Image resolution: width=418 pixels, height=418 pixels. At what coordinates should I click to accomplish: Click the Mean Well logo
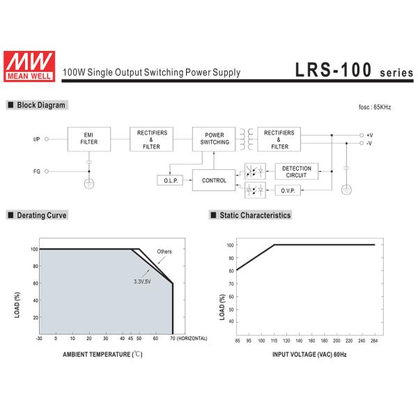tap(29, 66)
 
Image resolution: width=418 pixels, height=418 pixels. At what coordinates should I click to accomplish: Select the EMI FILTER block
tap(89, 139)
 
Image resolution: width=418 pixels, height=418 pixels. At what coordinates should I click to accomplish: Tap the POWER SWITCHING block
tap(214, 139)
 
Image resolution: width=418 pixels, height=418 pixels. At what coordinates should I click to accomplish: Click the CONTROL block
tap(214, 180)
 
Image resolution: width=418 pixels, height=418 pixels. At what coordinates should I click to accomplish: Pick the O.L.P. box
tap(170, 180)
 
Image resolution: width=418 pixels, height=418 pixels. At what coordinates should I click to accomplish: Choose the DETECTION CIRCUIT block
tap(297, 171)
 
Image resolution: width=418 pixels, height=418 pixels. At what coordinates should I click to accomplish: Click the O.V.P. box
tap(288, 191)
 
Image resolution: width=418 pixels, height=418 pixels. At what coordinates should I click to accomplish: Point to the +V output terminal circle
tap(362, 135)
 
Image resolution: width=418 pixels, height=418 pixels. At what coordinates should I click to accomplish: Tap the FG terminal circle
tap(47, 171)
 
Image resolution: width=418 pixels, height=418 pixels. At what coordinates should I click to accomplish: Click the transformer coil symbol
tap(247, 139)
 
